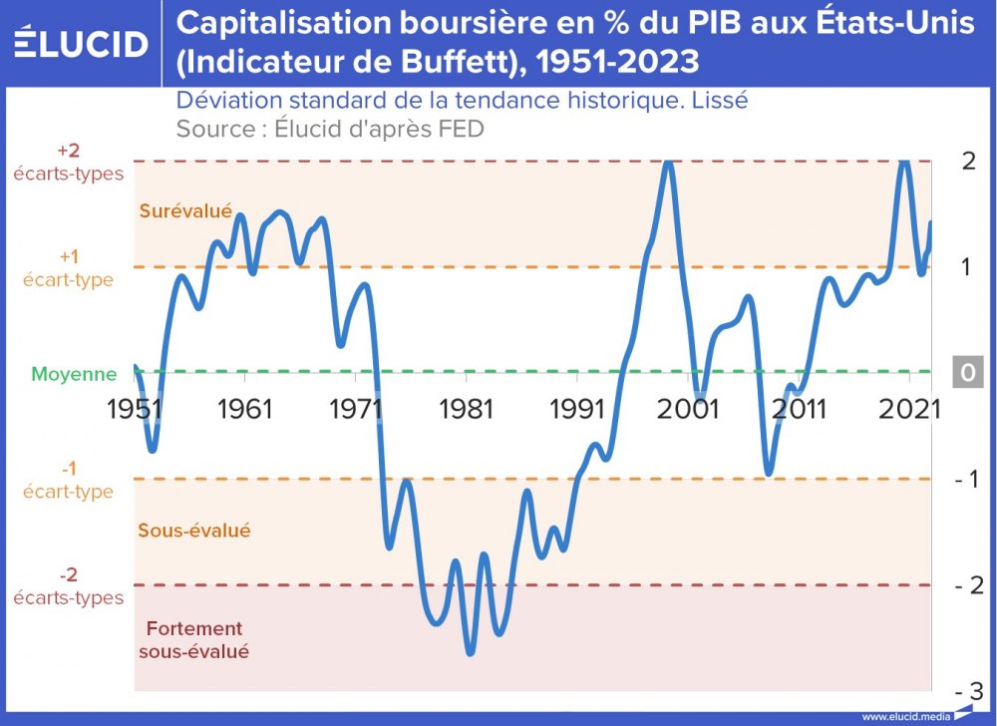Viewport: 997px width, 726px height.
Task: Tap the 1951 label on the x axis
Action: pos(135,409)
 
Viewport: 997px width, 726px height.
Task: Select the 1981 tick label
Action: pos(467,409)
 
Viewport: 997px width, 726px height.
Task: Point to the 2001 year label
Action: pos(688,409)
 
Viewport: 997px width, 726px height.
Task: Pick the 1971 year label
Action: pos(356,409)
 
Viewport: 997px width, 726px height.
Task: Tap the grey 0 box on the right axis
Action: pos(967,372)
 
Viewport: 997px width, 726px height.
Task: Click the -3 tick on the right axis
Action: pos(969,691)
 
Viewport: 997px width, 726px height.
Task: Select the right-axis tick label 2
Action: pos(967,162)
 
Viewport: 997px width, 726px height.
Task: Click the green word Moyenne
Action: pos(74,375)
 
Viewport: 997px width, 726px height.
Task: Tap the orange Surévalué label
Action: pos(185,211)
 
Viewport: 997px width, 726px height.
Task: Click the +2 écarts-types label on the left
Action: pos(68,162)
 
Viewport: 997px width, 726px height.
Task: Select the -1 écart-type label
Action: pos(68,480)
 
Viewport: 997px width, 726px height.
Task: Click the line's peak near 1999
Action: pos(668,163)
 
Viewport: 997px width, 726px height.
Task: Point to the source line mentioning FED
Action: pos(329,129)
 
